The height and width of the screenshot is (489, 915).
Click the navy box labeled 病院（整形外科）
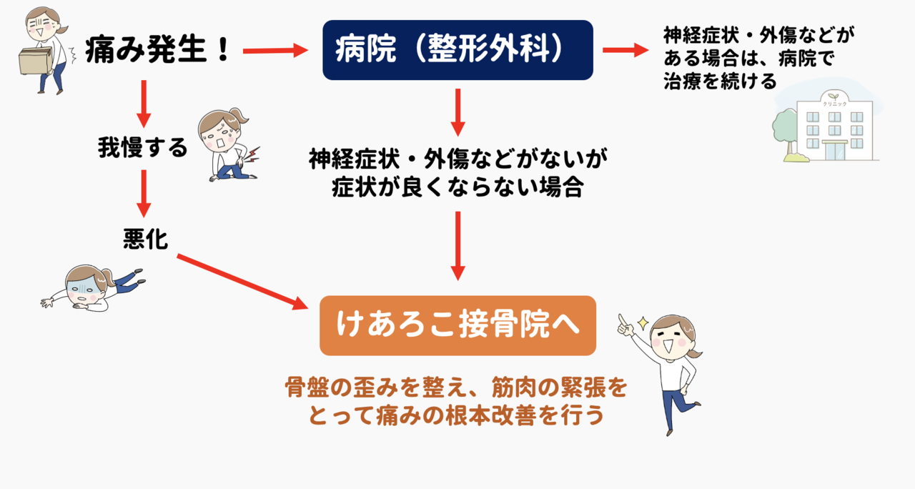pyautogui.click(x=457, y=50)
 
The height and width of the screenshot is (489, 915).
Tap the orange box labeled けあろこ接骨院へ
pyautogui.click(x=457, y=325)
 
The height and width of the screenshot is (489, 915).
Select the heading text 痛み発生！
pyautogui.click(x=158, y=50)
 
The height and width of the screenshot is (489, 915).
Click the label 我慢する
pyautogui.click(x=142, y=147)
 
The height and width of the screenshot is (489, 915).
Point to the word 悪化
pyautogui.click(x=145, y=239)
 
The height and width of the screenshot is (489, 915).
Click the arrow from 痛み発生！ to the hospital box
pyautogui.click(x=275, y=51)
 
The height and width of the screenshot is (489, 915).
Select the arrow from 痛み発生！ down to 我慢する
pyautogui.click(x=144, y=104)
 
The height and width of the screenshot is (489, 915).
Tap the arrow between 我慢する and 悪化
pyautogui.click(x=144, y=194)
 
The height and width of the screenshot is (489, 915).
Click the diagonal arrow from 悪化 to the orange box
pyautogui.click(x=242, y=282)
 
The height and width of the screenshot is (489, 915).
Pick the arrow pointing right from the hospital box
pyautogui.click(x=625, y=50)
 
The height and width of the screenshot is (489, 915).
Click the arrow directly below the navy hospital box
pyautogui.click(x=458, y=112)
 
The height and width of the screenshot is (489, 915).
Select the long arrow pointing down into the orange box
pyautogui.click(x=458, y=246)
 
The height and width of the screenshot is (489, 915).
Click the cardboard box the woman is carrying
pyautogui.click(x=36, y=61)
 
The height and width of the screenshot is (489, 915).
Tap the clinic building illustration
pyautogui.click(x=834, y=126)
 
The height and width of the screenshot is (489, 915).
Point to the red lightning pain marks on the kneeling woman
pyautogui.click(x=252, y=156)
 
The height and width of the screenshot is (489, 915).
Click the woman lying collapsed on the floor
pyautogui.click(x=93, y=288)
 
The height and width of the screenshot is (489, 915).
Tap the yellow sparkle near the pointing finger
pyautogui.click(x=643, y=323)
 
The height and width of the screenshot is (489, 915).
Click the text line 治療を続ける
pyautogui.click(x=720, y=81)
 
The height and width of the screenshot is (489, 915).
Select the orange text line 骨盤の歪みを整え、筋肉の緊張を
pyautogui.click(x=456, y=387)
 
